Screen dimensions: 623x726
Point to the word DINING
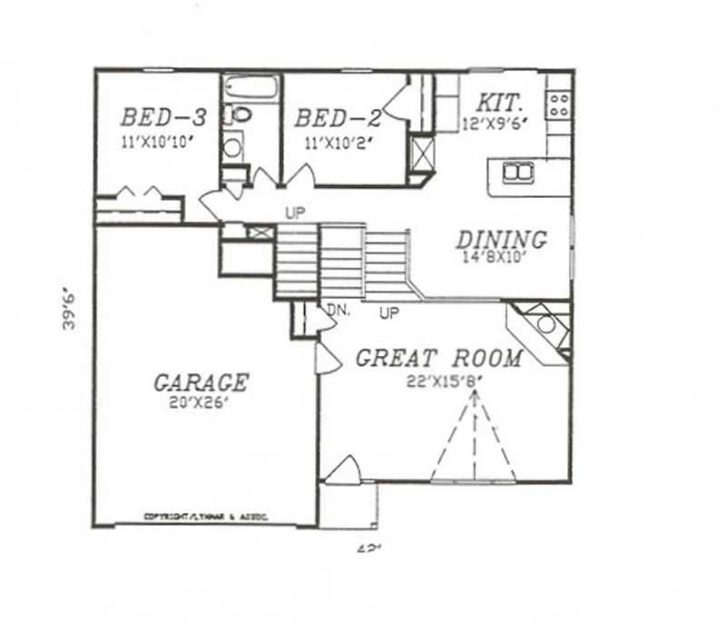click(x=502, y=240)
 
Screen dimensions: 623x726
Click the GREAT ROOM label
click(x=438, y=359)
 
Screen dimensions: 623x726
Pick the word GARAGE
click(x=201, y=382)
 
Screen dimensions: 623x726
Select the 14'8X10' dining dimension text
click(x=504, y=257)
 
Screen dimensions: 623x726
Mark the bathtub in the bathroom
click(x=250, y=89)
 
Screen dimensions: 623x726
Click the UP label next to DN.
click(x=389, y=313)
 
